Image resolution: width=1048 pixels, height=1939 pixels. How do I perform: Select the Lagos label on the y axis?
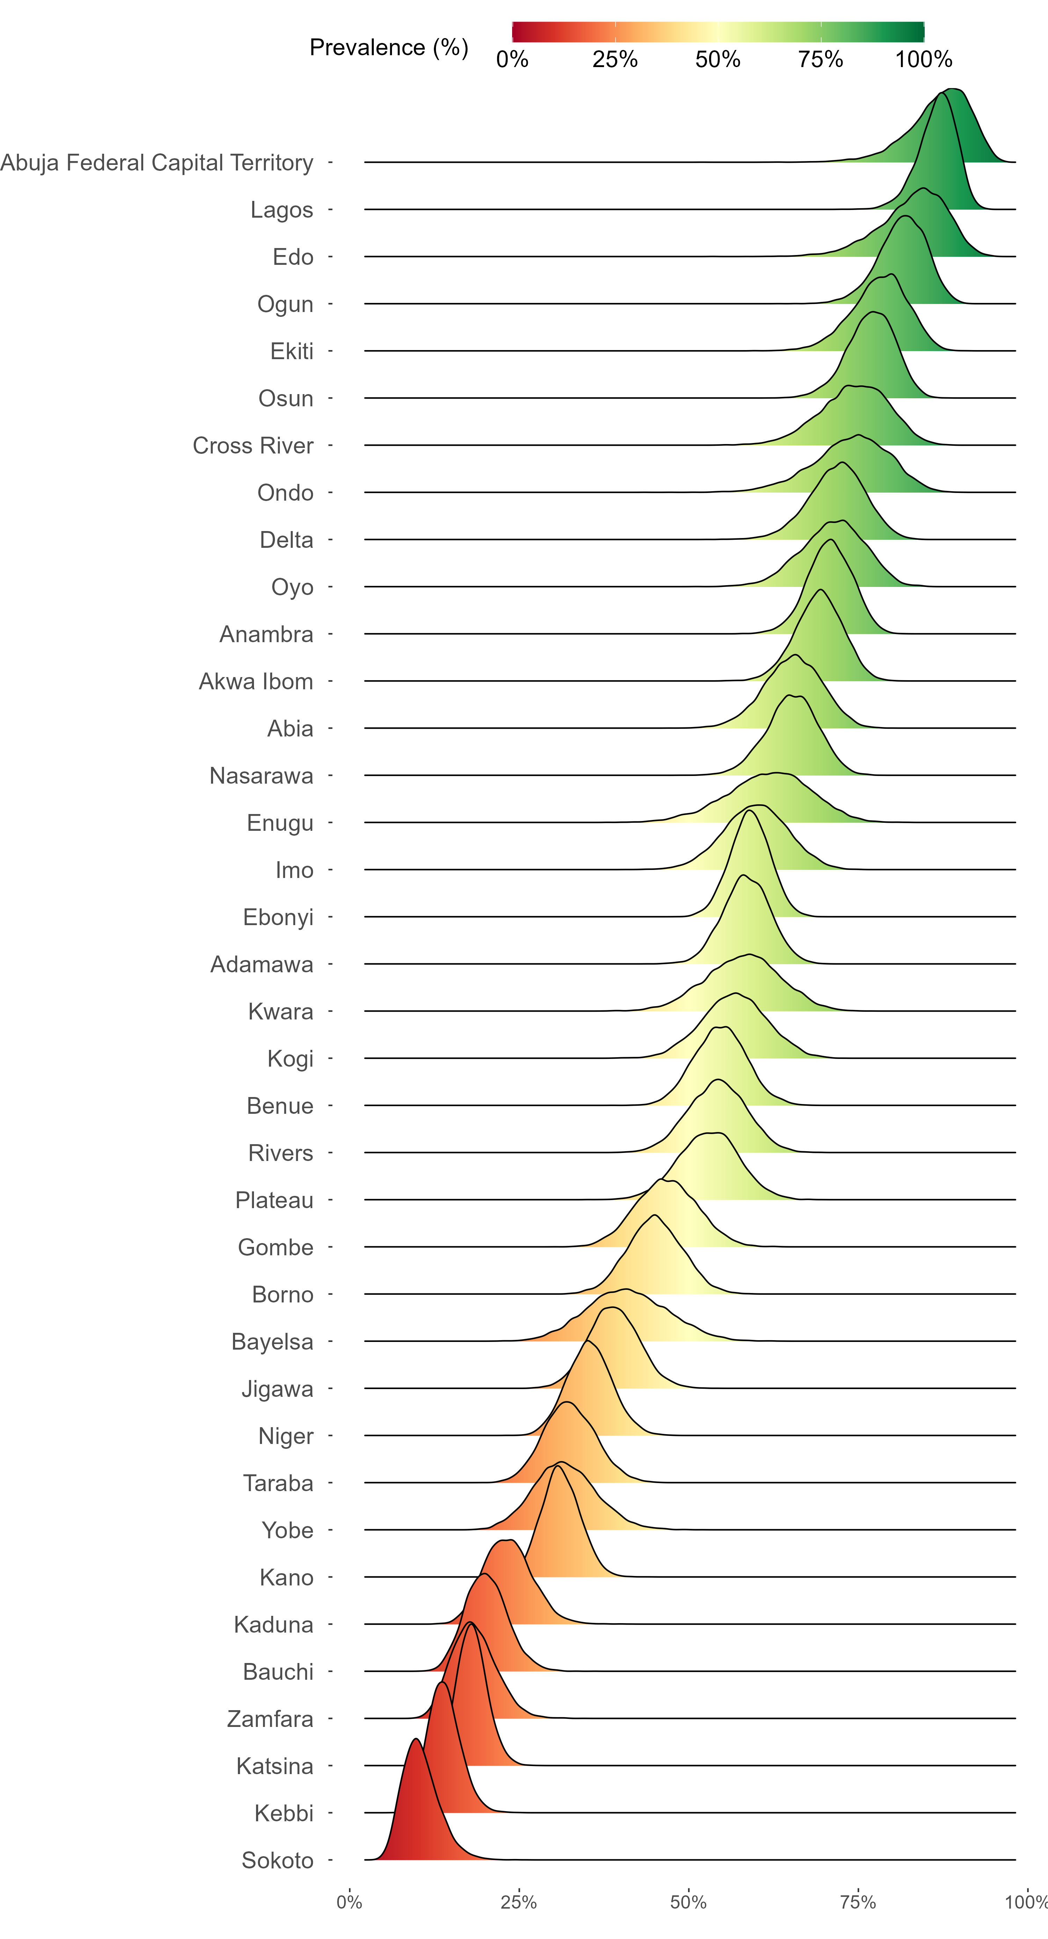coord(282,210)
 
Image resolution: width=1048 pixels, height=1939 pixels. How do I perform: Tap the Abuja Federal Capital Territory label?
coord(157,162)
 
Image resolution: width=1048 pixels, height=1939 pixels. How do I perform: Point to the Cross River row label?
coord(253,445)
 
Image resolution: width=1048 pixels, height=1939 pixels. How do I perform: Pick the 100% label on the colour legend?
coord(924,59)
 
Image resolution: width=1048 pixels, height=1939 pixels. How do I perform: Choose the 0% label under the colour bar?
coord(512,59)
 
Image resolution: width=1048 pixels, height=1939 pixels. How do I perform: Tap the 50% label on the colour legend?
coord(718,59)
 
